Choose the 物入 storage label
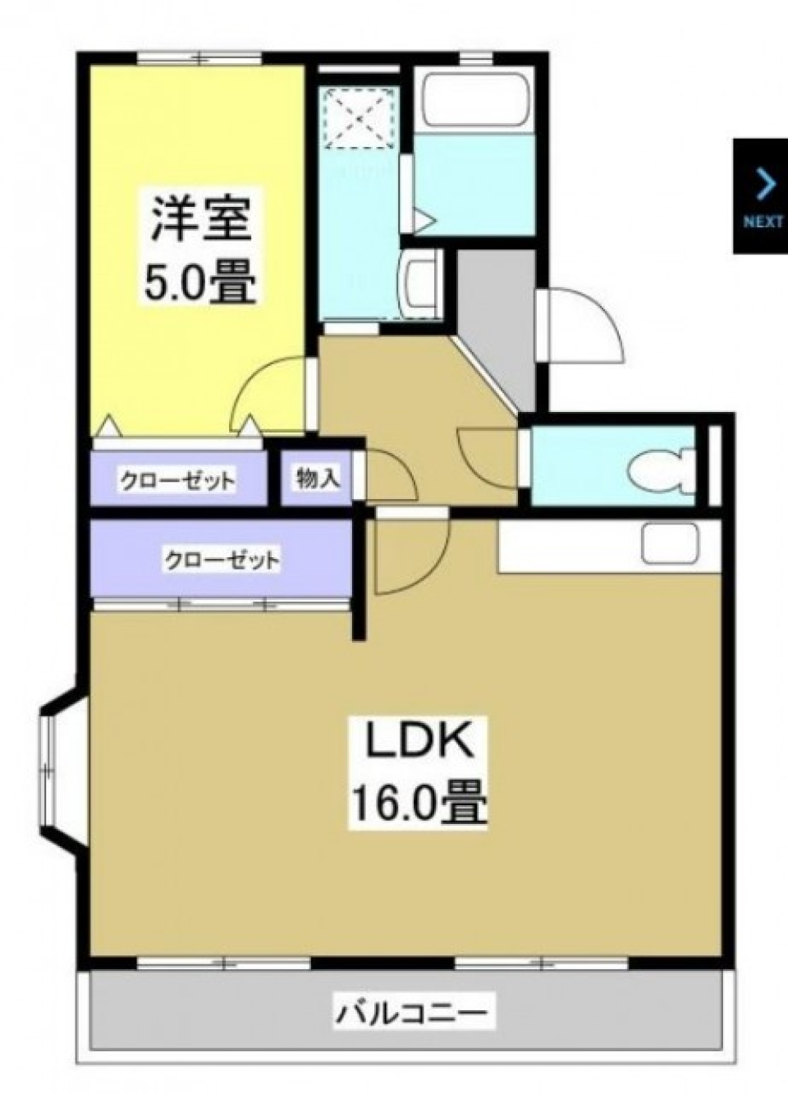[318, 478]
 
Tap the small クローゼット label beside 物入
[178, 480]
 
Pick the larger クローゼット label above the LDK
[222, 561]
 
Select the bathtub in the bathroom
[474, 99]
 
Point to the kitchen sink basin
[670, 544]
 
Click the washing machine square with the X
[362, 117]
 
